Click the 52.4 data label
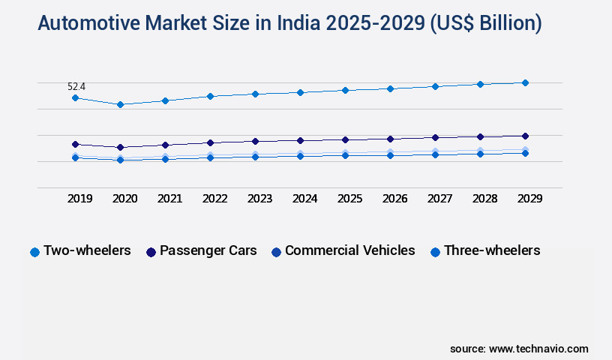coord(76,87)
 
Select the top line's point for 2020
coord(120,104)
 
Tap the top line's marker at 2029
coord(525,82)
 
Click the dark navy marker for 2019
coord(75,144)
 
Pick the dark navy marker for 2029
coord(525,136)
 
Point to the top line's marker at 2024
coord(300,92)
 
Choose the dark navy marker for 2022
coord(210,142)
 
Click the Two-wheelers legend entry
coord(81,250)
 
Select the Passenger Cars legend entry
coord(202,250)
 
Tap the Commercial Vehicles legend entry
coord(343,250)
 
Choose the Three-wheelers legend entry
coord(485,250)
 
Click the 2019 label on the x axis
coord(79,199)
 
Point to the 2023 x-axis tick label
coord(259,199)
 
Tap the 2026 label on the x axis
coord(394,199)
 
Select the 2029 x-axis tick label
coord(529,199)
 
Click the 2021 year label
coord(169,199)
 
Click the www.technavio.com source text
coord(538,349)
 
